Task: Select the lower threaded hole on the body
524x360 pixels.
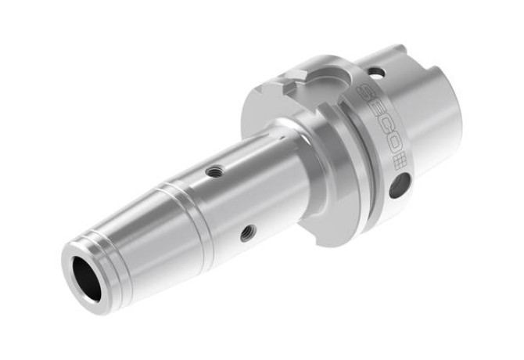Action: pyautogui.click(x=248, y=232)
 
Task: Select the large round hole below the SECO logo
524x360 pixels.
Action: pyautogui.click(x=399, y=185)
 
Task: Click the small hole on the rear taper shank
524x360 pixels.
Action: pyautogui.click(x=375, y=72)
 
